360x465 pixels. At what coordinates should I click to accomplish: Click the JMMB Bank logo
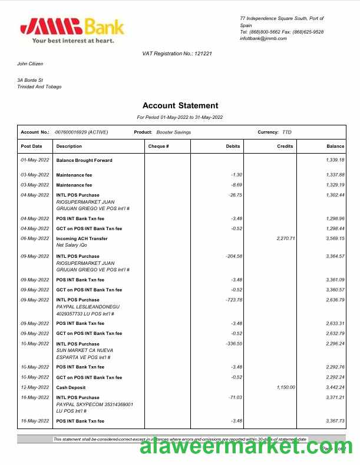pos(71,29)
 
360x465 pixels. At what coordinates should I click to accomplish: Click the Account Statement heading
pos(180,106)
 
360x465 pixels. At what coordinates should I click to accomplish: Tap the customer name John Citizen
pos(30,64)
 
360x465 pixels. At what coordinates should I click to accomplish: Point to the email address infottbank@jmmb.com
pos(263,38)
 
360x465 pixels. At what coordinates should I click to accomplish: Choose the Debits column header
pos(233,146)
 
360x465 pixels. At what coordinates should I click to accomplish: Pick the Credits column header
pos(285,146)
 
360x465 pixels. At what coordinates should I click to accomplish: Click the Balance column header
pos(335,146)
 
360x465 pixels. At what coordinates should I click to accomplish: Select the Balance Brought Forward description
pos(84,160)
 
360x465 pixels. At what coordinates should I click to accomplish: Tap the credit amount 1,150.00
pos(285,387)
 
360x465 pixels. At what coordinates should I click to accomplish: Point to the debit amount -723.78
pos(234,300)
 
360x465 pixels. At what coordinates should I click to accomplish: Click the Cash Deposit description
pos(71,387)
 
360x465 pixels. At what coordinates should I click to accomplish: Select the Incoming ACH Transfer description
pos(82,238)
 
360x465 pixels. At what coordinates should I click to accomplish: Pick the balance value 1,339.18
pos(335,160)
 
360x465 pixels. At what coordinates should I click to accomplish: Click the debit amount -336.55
pos(234,344)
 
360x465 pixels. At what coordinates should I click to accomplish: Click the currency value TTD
pos(287,132)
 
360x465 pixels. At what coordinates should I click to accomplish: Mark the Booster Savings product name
pos(173,132)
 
